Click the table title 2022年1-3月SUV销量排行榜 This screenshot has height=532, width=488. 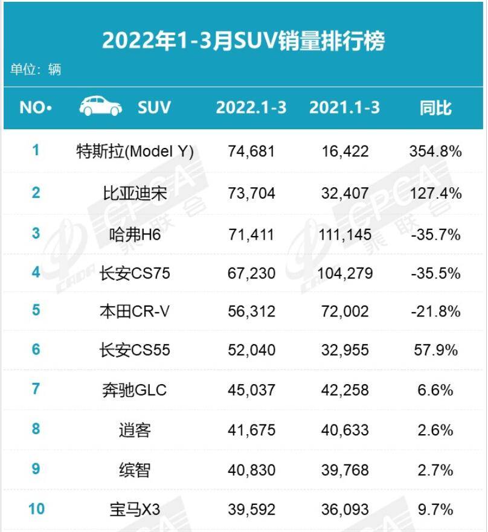click(243, 40)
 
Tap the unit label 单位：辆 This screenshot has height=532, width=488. click(36, 69)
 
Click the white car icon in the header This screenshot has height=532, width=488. click(101, 107)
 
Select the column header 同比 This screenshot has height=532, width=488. click(435, 108)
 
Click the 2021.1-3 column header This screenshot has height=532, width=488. click(344, 107)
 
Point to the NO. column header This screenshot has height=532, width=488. click(36, 108)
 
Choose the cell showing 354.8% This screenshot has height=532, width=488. click(435, 151)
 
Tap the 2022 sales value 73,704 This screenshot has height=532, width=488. click(251, 193)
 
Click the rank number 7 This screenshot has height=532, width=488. click(36, 389)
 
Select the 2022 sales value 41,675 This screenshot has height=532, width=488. click(251, 431)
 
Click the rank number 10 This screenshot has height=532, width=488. click(36, 509)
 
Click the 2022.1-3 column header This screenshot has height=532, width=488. click(251, 107)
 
